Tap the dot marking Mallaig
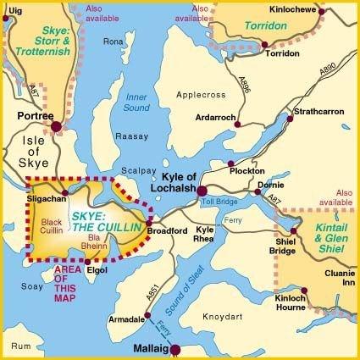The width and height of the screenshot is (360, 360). coord(175,349)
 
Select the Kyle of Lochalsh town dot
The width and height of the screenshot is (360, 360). coord(202,167)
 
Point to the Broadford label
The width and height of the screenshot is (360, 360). coord(166,231)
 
